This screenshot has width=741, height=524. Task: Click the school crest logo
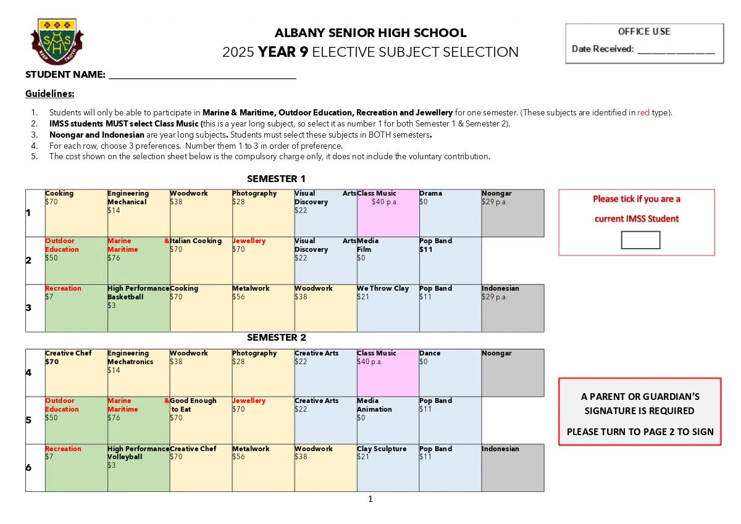[57, 41]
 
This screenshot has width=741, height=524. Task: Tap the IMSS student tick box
[640, 240]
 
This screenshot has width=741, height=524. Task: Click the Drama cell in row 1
[450, 213]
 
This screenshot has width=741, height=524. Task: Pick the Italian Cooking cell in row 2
[201, 260]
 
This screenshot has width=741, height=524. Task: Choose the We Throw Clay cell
[388, 308]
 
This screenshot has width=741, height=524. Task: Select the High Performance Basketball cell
[138, 308]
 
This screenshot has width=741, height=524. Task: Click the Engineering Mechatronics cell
[138, 373]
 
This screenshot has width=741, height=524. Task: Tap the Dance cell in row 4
[450, 373]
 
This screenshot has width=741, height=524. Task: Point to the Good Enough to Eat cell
[201, 420]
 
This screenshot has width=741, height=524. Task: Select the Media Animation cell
[388, 420]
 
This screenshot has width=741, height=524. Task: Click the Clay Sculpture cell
[388, 468]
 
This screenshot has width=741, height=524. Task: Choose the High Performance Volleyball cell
[138, 468]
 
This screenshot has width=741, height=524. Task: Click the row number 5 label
[28, 421]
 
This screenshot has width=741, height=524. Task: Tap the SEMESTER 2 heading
[277, 338]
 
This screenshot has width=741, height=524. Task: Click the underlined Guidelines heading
[49, 94]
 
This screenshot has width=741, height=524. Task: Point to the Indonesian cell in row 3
[513, 308]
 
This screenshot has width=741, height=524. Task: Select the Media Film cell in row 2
[388, 260]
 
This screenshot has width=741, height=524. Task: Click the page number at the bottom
[371, 499]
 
